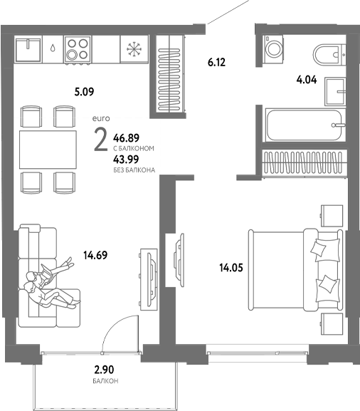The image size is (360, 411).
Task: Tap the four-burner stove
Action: tap(78, 49)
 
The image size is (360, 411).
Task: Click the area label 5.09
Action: tap(85, 91)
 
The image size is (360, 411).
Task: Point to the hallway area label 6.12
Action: tap(216, 63)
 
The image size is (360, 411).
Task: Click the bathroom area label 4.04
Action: tap(307, 79)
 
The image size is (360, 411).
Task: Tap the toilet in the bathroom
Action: tap(329, 53)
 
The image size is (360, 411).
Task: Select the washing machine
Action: tap(275, 48)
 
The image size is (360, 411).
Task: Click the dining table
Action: tap(48, 149)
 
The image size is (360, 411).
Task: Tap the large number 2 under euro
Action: tap(101, 140)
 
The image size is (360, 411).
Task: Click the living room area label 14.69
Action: tap(95, 254)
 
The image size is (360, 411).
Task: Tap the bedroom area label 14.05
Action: tap(231, 268)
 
